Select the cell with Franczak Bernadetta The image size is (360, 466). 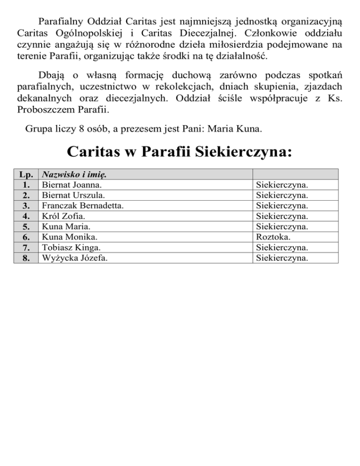coord(82,206)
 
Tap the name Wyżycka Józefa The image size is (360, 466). coord(73,257)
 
